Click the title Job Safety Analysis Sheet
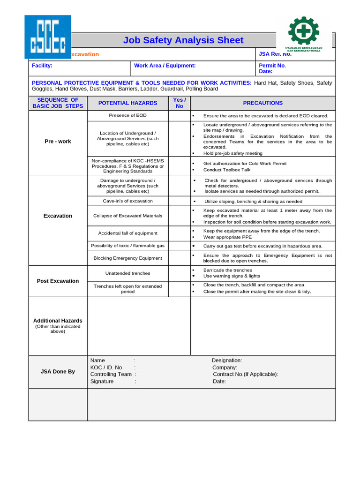pyautogui.click(x=183, y=40)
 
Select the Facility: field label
pyautogui.click(x=42, y=66)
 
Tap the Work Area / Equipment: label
pyautogui.click(x=165, y=66)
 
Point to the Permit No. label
pyautogui.click(x=272, y=66)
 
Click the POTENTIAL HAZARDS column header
pyautogui.click(x=127, y=103)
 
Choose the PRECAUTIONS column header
pyautogui.click(x=262, y=103)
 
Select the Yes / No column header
pyautogui.click(x=179, y=103)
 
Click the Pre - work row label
pyautogui.click(x=58, y=142)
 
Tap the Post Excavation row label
pyautogui.click(x=58, y=281)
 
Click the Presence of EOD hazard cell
pyautogui.click(x=127, y=115)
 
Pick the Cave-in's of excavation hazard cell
pyautogui.click(x=127, y=201)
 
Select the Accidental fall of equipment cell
pyautogui.click(x=127, y=233)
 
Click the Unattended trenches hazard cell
pyautogui.click(x=127, y=273)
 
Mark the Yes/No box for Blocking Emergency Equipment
pyautogui.click(x=179, y=258)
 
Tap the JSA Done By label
pyautogui.click(x=58, y=372)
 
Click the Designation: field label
pyautogui.click(x=227, y=360)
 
